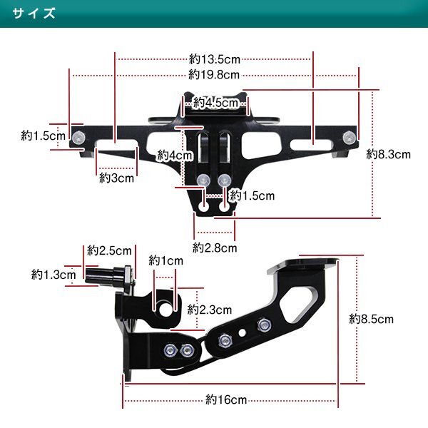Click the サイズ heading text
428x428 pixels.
pyautogui.click(x=34, y=13)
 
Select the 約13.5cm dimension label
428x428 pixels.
pyautogui.click(x=214, y=59)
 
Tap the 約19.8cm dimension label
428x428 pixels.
pyautogui.click(x=214, y=74)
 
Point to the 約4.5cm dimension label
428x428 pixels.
pyautogui.click(x=215, y=103)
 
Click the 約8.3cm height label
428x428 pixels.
pyautogui.click(x=389, y=155)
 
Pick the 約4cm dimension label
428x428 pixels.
pyautogui.click(x=175, y=156)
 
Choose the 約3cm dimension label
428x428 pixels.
pyautogui.click(x=116, y=178)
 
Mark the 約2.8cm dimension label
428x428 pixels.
pyautogui.click(x=215, y=248)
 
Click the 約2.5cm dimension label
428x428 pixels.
pyautogui.click(x=109, y=250)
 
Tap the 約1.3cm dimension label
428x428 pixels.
pyautogui.click(x=53, y=275)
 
